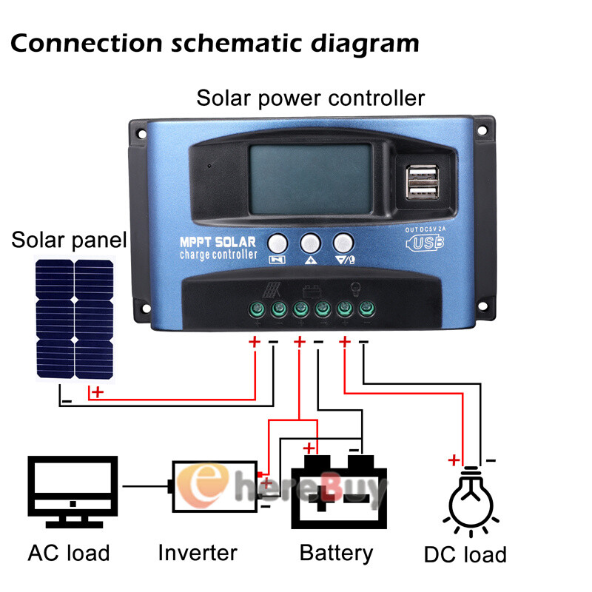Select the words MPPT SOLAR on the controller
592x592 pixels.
(x=218, y=242)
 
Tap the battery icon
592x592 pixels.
(x=338, y=492)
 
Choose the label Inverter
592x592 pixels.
(x=198, y=552)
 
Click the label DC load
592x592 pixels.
(x=465, y=554)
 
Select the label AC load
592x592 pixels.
(x=69, y=552)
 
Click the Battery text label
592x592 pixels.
(x=336, y=552)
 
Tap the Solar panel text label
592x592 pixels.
(x=70, y=240)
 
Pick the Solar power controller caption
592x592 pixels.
(x=310, y=98)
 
